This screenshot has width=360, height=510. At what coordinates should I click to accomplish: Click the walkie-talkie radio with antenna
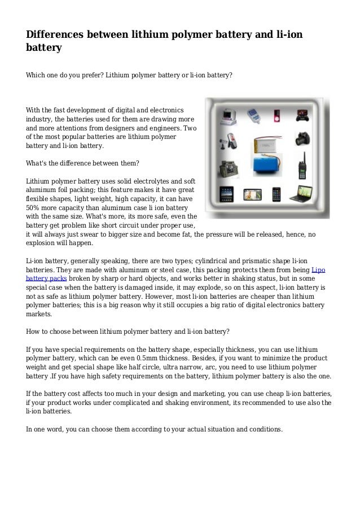302,164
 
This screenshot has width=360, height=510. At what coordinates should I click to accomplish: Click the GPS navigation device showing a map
252,195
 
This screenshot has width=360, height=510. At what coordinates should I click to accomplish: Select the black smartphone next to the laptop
278,195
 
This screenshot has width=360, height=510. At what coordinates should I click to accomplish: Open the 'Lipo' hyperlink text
318,270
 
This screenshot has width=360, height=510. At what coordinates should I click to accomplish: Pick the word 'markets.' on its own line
39,315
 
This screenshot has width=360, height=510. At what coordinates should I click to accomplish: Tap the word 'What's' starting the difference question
38,164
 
